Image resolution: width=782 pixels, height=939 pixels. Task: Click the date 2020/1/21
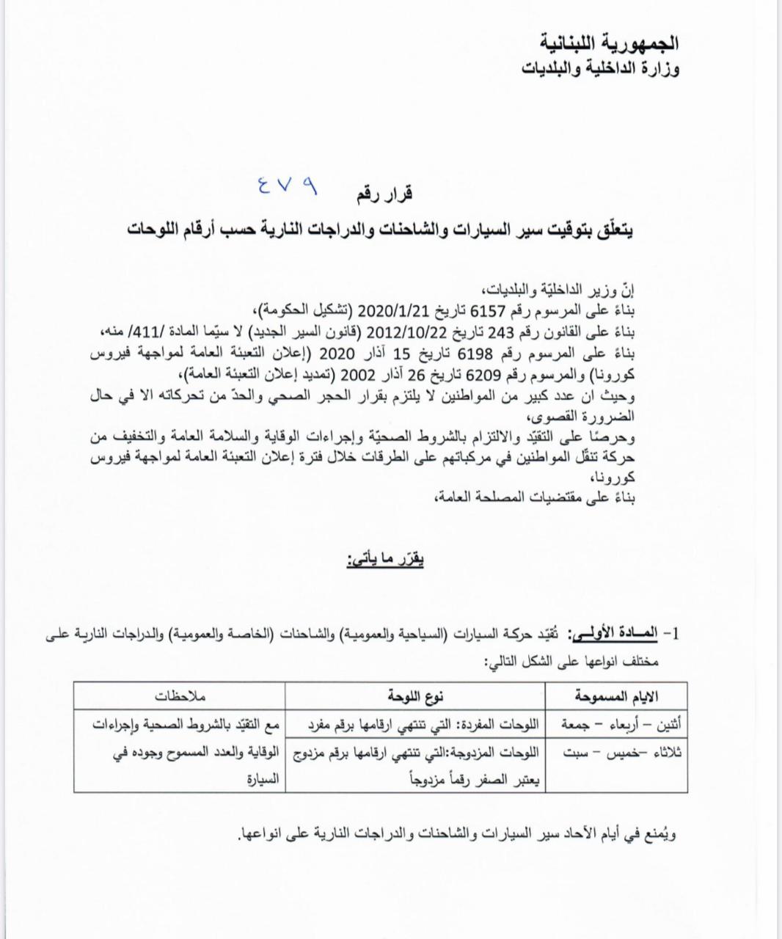click(x=392, y=308)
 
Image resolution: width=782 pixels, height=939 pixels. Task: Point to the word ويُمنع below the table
click(x=660, y=833)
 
